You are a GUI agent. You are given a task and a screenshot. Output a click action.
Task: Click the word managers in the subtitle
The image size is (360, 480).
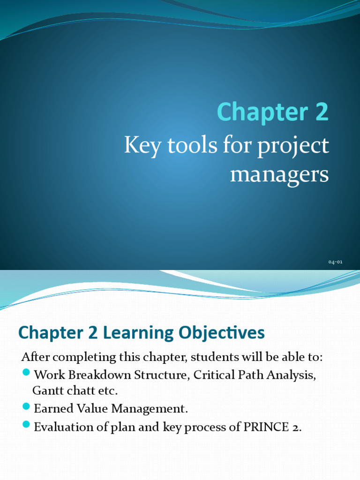pyautogui.click(x=279, y=175)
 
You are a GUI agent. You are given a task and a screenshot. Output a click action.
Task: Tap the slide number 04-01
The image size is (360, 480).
pyautogui.click(x=335, y=262)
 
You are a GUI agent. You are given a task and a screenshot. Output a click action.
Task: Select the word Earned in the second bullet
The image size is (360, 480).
pyautogui.click(x=52, y=408)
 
